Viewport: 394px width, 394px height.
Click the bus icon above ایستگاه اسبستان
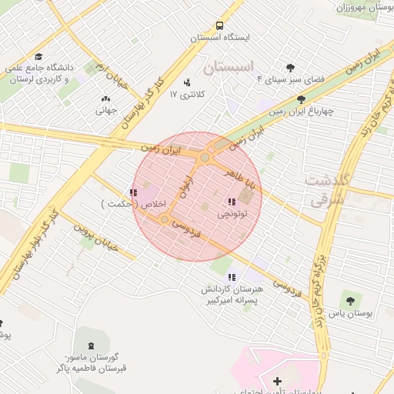220,25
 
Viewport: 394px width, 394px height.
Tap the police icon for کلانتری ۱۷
187,82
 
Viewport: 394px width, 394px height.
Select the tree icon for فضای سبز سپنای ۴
290,68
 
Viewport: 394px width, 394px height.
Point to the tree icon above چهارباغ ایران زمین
301,99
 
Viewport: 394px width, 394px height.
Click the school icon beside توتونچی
232,202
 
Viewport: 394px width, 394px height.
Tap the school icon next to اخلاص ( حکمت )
133,193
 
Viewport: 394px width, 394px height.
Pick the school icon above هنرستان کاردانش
232,277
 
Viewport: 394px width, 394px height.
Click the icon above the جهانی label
105,98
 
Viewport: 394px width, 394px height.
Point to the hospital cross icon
277,382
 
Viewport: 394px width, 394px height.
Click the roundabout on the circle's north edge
205,158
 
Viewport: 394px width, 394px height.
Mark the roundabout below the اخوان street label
164,220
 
